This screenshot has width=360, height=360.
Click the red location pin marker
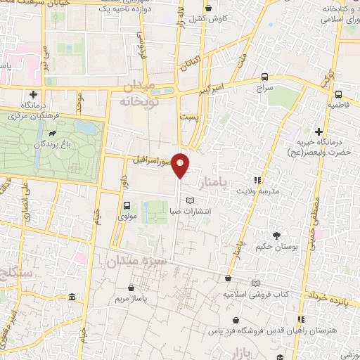point(181,165)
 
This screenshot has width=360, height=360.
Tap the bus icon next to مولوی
point(127,206)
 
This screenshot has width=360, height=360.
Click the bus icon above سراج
point(264,77)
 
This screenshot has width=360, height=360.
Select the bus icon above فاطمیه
point(339,94)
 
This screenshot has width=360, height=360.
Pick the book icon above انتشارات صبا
point(188,201)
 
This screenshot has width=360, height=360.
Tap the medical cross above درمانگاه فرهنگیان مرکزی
point(32,94)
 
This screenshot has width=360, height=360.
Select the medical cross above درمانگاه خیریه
point(319,131)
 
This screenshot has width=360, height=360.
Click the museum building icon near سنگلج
point(73,300)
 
